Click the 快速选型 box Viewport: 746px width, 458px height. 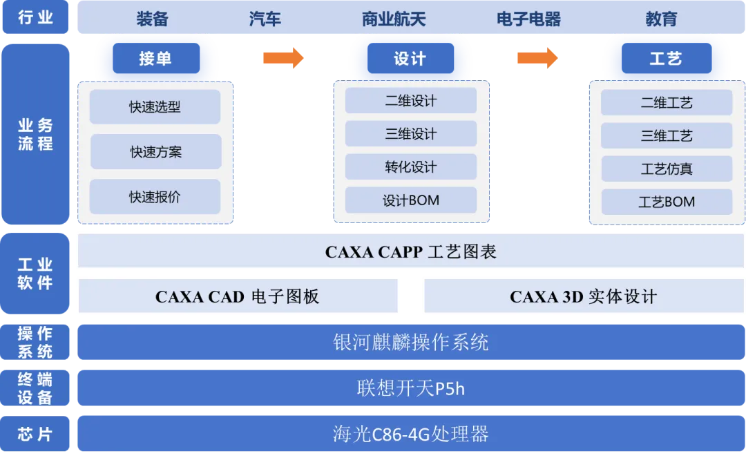(155, 107)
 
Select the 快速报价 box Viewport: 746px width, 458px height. (155, 197)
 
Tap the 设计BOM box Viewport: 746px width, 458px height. (411, 200)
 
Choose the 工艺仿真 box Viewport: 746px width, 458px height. (666, 169)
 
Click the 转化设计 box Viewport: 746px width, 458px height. (411, 167)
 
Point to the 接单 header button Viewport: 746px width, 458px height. (155, 59)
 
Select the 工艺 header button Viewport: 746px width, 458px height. (666, 59)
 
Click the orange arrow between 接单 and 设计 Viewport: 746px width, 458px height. (282, 58)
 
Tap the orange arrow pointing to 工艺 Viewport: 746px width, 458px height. (537, 58)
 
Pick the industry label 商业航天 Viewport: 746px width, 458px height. (394, 19)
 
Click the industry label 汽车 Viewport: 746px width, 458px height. (265, 19)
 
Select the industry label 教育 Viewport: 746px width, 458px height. (661, 19)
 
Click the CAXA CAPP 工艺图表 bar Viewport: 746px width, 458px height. (411, 251)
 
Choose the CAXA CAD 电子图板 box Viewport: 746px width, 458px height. (238, 297)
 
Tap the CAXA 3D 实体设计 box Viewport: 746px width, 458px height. (583, 297)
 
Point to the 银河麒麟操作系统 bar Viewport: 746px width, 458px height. (411, 342)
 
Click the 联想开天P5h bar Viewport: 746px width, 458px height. (411, 388)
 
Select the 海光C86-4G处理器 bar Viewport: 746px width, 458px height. (411, 434)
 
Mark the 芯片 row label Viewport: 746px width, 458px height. (35, 434)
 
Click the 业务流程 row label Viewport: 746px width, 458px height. (35, 135)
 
